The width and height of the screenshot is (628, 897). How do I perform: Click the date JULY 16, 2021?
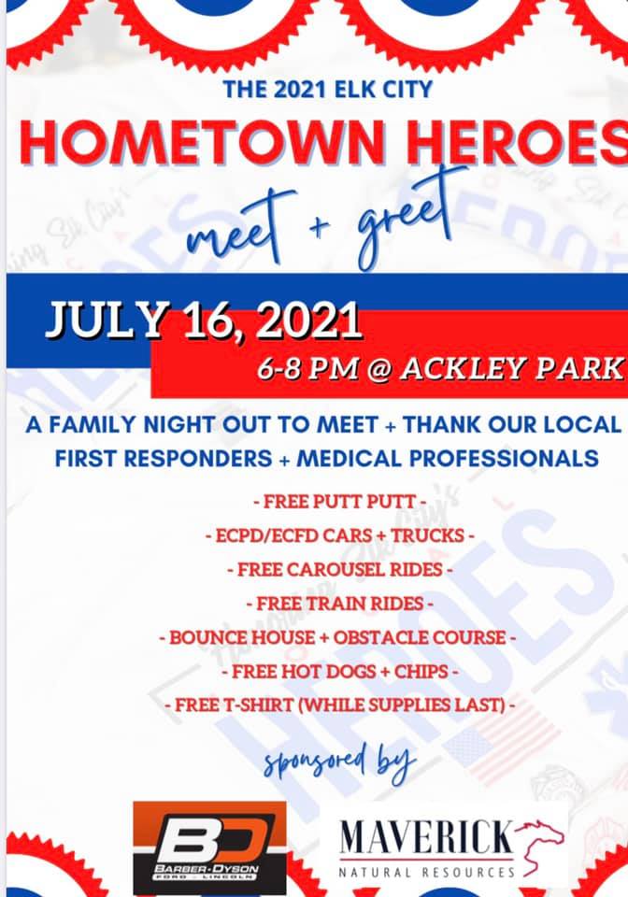(204, 320)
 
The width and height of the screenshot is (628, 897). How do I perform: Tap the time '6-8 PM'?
(307, 369)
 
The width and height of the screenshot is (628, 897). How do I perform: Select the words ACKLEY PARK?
(512, 368)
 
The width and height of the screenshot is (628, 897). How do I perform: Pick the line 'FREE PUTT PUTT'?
(340, 502)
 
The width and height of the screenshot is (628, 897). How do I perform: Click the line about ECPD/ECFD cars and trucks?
(340, 535)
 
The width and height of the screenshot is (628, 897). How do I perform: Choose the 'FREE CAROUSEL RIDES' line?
(340, 570)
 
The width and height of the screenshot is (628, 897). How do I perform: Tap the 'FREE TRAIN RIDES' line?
(340, 604)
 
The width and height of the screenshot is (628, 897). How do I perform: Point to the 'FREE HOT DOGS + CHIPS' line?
(340, 671)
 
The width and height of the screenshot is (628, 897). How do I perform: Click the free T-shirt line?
(340, 705)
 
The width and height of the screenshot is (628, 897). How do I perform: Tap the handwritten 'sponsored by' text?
(340, 762)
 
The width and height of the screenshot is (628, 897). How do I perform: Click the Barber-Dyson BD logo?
(210, 847)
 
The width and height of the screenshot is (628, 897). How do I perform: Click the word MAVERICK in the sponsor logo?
(427, 838)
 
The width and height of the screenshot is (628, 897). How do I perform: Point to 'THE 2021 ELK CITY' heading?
(328, 90)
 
